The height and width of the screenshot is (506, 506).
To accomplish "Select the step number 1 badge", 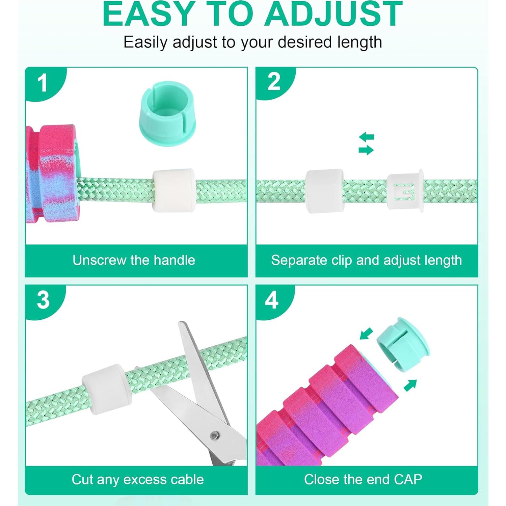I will click(x=43, y=83).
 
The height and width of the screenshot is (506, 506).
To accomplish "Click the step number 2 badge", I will click(x=273, y=82).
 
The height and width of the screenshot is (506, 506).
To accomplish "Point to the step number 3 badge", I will click(x=43, y=300).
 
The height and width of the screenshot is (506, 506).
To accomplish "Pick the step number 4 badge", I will click(x=272, y=300).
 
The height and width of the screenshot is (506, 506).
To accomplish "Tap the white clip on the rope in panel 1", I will click(x=173, y=190).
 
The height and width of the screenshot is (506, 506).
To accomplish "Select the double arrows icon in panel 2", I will click(x=366, y=144).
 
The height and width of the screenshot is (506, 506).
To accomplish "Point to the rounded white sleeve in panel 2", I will click(x=324, y=191).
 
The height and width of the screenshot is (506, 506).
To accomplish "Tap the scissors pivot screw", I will click(x=214, y=435).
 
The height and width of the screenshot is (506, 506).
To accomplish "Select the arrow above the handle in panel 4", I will click(x=366, y=334).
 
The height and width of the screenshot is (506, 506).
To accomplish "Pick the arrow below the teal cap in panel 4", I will click(x=410, y=385).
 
